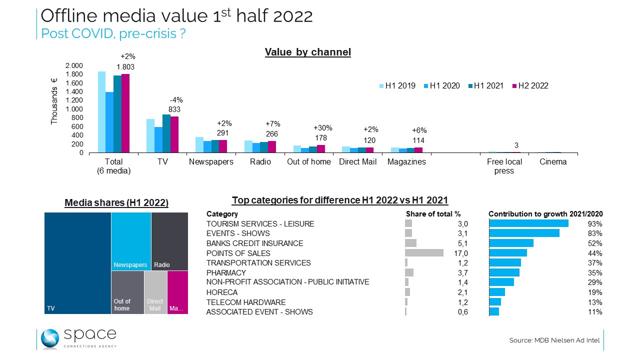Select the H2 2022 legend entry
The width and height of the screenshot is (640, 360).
coord(529,86)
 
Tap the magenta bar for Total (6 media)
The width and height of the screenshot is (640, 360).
coord(125,113)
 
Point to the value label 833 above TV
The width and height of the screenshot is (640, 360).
coord(174,109)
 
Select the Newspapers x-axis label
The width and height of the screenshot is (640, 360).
coord(210,162)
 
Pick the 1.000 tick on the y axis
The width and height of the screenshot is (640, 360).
coord(74,109)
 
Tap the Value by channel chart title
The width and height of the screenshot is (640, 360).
coord(307,52)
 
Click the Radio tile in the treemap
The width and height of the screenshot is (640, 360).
coord(169,241)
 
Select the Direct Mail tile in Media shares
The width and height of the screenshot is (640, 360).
coord(155,292)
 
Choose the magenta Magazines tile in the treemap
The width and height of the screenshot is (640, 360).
coord(177,292)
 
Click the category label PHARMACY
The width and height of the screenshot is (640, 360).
coord(226,273)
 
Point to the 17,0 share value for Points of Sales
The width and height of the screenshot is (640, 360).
coord(460,253)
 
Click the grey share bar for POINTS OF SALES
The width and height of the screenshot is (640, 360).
coord(424,253)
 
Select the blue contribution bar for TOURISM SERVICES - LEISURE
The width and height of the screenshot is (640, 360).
coord(528,223)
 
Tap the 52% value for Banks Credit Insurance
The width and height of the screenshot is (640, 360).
coord(595,243)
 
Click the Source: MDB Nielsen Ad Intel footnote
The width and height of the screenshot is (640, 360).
coord(554,340)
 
